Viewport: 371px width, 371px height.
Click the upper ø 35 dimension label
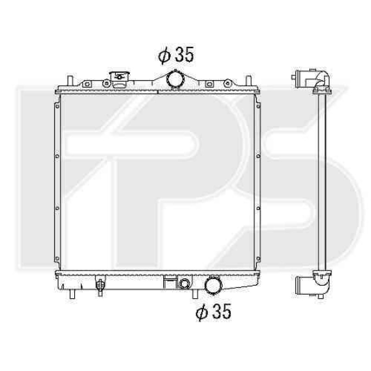[x=176, y=55]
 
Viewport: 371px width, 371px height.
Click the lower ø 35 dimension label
[x=213, y=312]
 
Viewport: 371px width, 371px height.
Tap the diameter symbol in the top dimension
[x=164, y=56]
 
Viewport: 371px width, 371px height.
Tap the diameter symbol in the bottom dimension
[x=202, y=312]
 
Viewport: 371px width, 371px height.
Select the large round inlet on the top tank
[x=176, y=79]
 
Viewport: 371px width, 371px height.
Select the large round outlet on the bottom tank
[x=213, y=285]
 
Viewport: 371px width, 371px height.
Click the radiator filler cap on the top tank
[x=120, y=79]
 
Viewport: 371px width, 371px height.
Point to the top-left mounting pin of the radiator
[x=70, y=81]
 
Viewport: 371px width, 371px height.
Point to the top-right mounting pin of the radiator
[x=248, y=81]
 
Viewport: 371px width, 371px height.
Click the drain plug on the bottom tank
[x=100, y=286]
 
